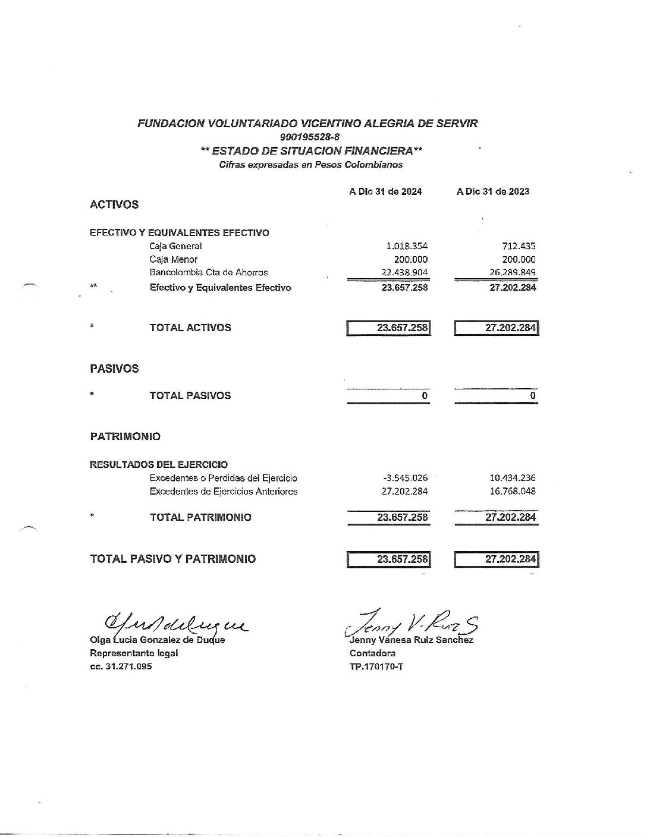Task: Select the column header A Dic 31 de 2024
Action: (x=385, y=191)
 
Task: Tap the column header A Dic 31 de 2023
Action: (x=493, y=191)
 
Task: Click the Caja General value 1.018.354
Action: (x=407, y=246)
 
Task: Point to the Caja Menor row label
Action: (x=173, y=259)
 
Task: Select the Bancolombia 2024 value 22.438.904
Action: (x=404, y=272)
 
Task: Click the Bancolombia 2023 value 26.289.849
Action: (x=512, y=272)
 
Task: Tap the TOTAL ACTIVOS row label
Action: (x=190, y=328)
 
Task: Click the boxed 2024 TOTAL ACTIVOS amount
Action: (x=402, y=328)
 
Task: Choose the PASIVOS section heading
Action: (x=114, y=369)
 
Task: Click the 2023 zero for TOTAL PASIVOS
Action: (x=533, y=396)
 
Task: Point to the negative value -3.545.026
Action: (x=406, y=478)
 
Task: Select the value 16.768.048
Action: (x=512, y=492)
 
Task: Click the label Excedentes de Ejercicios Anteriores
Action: (x=224, y=492)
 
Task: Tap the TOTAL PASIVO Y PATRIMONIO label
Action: (x=173, y=559)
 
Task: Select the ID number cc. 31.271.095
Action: (x=121, y=666)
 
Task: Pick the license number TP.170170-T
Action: (x=376, y=666)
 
